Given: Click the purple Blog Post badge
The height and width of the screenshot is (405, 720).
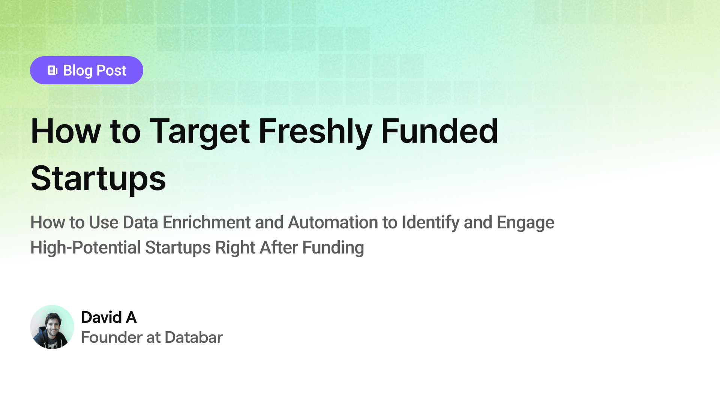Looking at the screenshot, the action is [87, 70].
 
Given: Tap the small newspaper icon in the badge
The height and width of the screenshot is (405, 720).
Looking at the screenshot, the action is [52, 70].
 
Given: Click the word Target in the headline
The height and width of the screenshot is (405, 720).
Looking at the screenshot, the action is [199, 132].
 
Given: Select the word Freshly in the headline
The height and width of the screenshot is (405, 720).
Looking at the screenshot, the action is [315, 132].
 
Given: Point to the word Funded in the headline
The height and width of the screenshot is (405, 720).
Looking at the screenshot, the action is [439, 131].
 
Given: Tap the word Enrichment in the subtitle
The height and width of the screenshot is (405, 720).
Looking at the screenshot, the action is [207, 222].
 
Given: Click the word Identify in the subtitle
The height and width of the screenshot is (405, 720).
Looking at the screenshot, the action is [430, 223].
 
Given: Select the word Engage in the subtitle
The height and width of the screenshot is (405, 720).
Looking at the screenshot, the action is [525, 223].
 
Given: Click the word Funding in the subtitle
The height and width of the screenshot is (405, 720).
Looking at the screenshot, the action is [333, 248].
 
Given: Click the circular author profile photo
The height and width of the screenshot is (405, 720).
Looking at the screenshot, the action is [52, 327].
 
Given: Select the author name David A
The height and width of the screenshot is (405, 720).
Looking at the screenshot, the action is [109, 317].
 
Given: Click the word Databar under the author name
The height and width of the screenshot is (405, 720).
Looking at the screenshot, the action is [194, 337].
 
